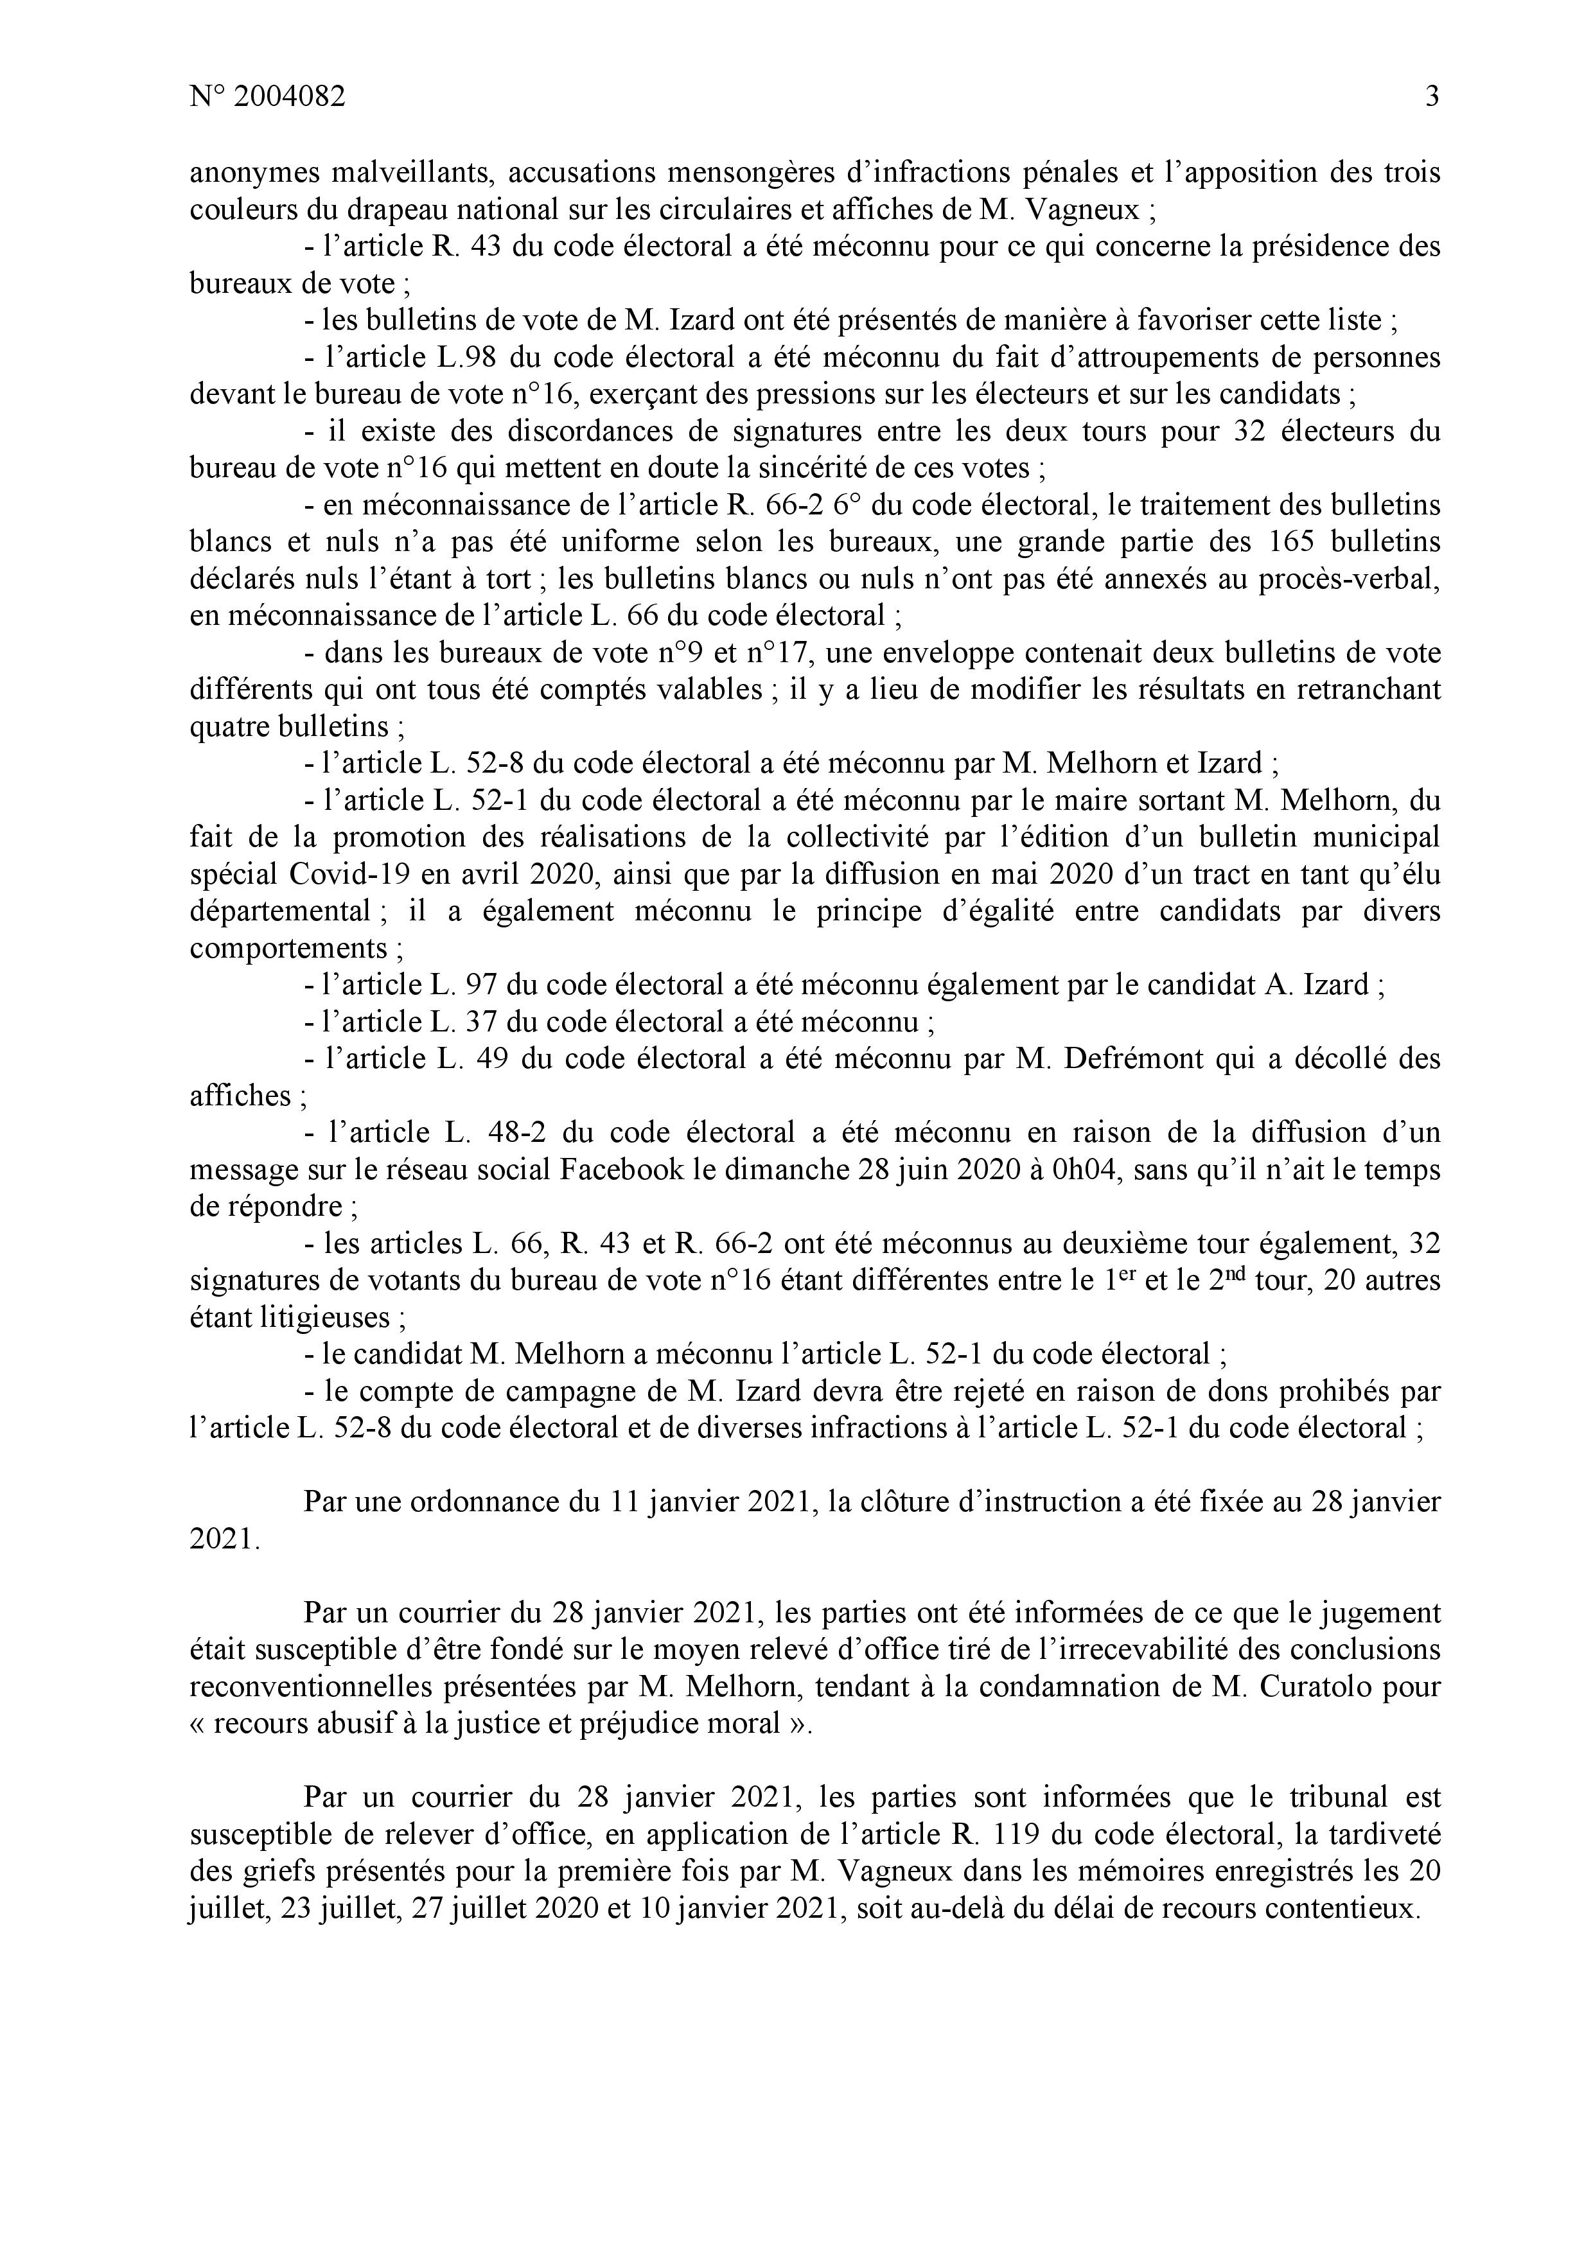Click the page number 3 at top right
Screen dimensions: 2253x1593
click(1432, 97)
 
